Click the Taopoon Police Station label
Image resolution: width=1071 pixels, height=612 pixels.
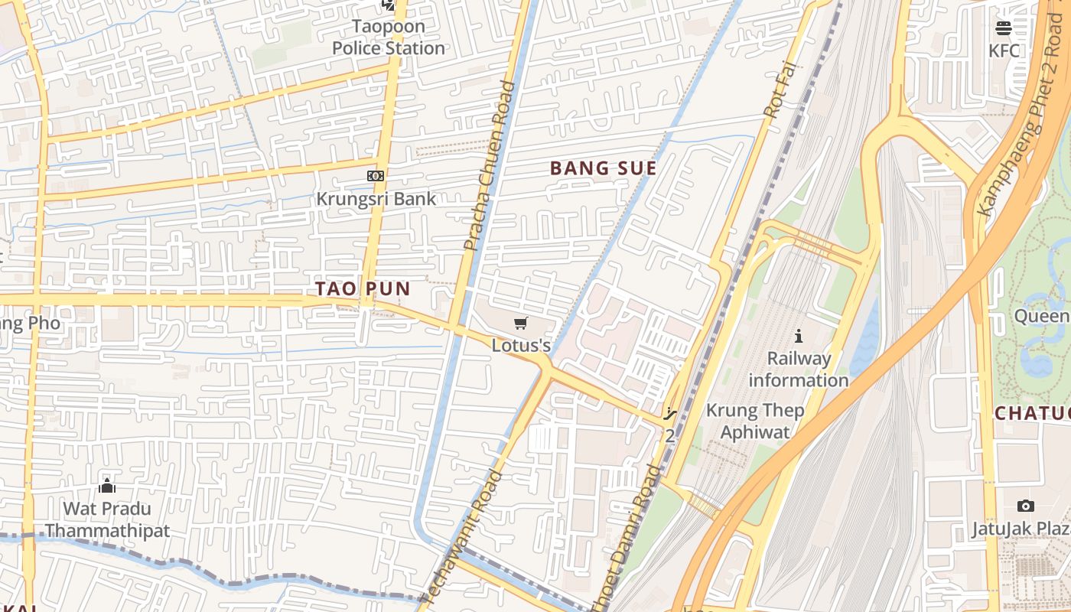tap(388, 37)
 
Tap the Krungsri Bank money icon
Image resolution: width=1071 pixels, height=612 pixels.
tap(375, 176)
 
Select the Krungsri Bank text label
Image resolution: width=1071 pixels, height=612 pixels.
tap(376, 199)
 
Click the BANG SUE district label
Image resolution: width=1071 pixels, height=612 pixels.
tap(604, 168)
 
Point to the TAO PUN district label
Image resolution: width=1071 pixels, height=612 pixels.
tap(363, 289)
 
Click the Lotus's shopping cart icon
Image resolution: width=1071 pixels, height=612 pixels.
tap(521, 323)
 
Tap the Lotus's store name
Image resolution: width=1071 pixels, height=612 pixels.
tap(521, 346)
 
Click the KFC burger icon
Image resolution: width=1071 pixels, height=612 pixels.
tap(1004, 28)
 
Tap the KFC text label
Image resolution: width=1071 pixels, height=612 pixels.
tap(1004, 50)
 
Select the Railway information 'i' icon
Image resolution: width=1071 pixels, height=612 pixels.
tap(799, 336)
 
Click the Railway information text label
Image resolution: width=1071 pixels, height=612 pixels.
tap(799, 369)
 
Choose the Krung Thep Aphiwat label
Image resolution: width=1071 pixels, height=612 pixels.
tap(754, 421)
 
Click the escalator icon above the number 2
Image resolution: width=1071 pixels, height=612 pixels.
tap(670, 415)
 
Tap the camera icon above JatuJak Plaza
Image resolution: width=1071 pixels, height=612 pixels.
tap(1026, 506)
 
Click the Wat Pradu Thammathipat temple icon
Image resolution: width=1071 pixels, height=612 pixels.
tap(107, 486)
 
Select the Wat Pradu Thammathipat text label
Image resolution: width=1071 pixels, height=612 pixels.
tap(107, 519)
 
